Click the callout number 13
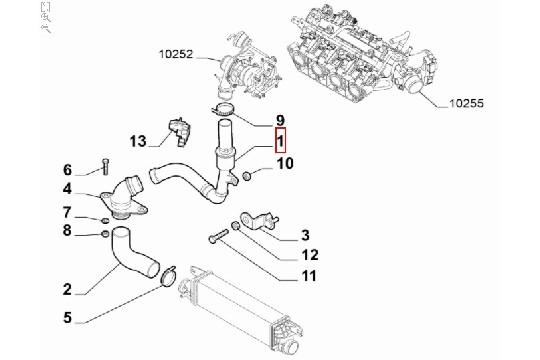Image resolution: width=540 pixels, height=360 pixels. click(x=138, y=141)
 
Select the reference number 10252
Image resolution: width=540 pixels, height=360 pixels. click(x=176, y=54)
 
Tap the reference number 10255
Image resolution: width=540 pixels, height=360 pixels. click(x=466, y=103)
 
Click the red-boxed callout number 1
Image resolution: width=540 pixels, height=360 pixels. click(x=281, y=140)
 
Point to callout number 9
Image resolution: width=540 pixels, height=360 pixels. click(x=280, y=121)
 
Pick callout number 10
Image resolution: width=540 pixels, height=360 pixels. click(x=285, y=163)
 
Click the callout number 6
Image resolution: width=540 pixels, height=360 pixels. click(x=68, y=170)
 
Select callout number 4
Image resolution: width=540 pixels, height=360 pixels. click(x=68, y=189)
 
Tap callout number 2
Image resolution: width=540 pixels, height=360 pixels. click(x=67, y=289)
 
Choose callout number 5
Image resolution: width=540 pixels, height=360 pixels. click(x=68, y=317)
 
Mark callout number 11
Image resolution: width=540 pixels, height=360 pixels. click(x=309, y=276)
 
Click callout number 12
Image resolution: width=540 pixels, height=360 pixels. click(x=310, y=255)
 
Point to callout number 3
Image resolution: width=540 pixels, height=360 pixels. click(x=305, y=235)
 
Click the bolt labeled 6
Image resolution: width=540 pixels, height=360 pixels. click(x=105, y=167)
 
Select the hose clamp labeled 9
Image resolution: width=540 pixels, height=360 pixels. click(x=222, y=110)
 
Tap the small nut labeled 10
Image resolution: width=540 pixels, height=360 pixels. click(x=247, y=176)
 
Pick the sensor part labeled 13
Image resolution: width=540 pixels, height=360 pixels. click(x=179, y=132)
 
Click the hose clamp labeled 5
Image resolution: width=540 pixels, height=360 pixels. click(x=168, y=276)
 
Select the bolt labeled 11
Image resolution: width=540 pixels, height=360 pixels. click(x=218, y=236)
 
